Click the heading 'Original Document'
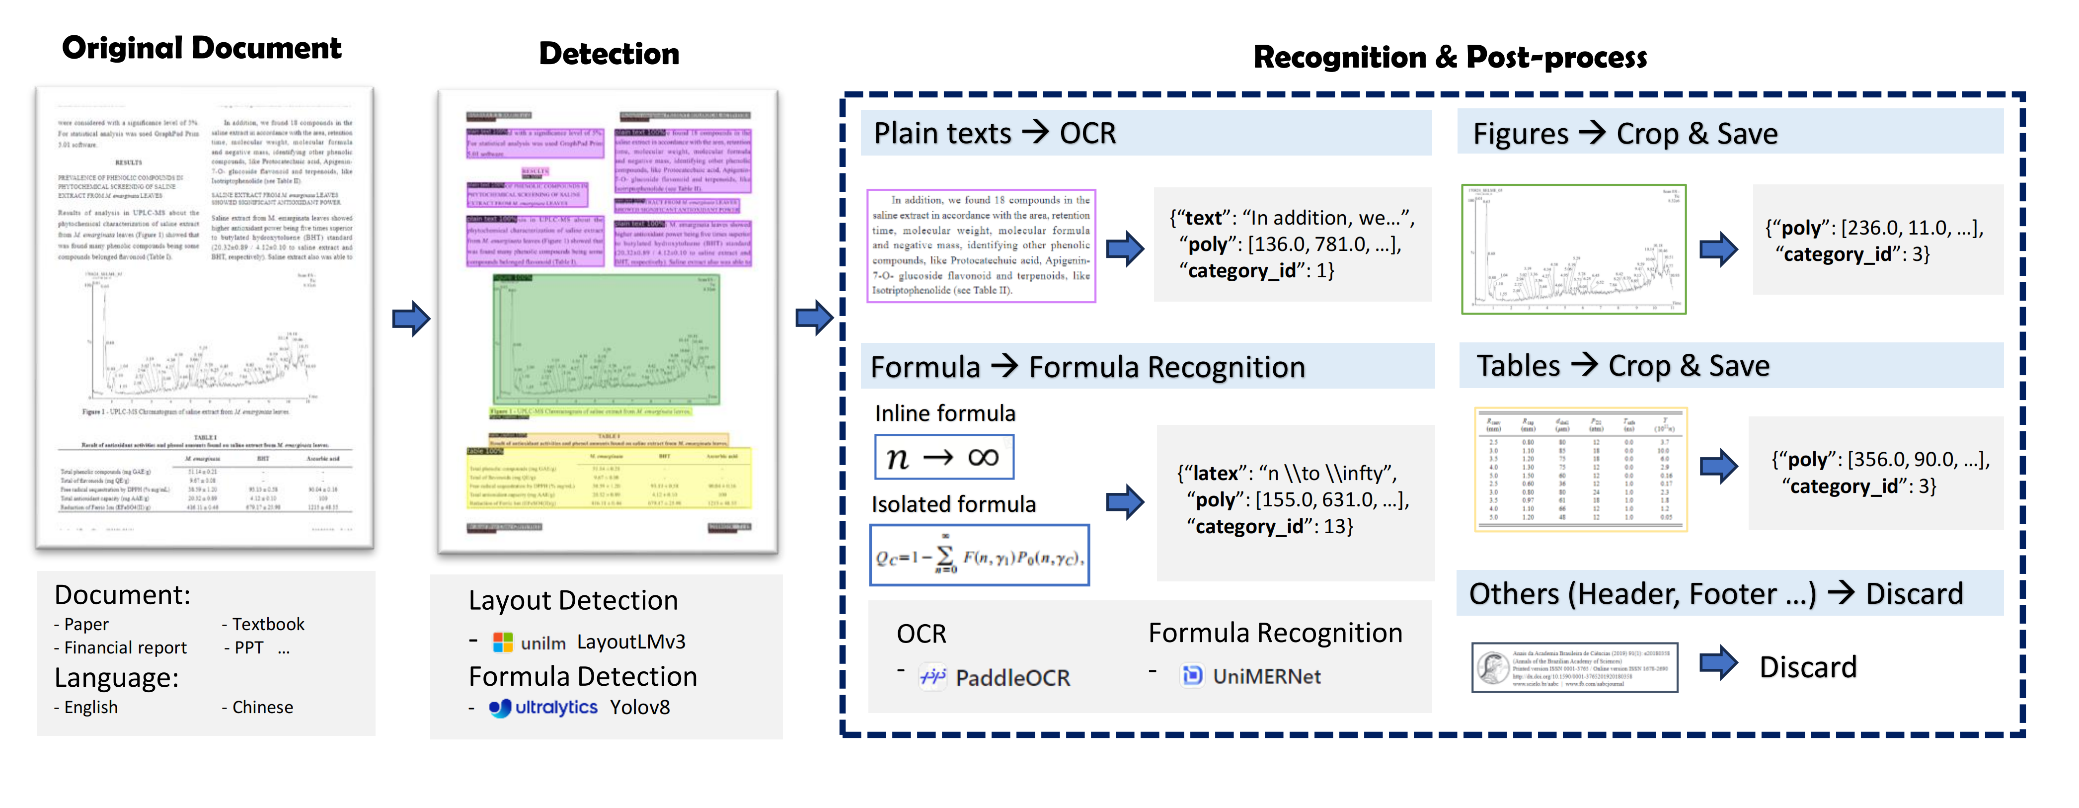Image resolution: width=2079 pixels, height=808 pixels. pyautogui.click(x=202, y=48)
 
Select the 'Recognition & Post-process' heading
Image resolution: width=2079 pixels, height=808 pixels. pyautogui.click(x=1450, y=57)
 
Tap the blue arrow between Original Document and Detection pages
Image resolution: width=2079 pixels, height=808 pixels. pyautogui.click(x=411, y=319)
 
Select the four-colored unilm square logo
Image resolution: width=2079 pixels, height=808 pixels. pyautogui.click(x=503, y=643)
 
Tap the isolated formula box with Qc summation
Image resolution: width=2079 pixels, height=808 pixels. pyautogui.click(x=979, y=556)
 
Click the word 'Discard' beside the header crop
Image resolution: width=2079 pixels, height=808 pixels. pyautogui.click(x=1807, y=667)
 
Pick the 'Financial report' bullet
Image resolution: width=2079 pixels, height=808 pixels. pyautogui.click(x=124, y=647)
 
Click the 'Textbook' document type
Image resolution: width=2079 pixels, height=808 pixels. pyautogui.click(x=268, y=624)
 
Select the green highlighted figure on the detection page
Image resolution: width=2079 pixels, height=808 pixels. pyautogui.click(x=606, y=340)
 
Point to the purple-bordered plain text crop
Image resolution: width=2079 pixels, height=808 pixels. pyautogui.click(x=981, y=245)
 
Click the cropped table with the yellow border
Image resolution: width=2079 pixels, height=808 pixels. pyautogui.click(x=1579, y=469)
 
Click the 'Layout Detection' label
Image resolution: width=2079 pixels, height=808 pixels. pyautogui.click(x=573, y=601)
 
